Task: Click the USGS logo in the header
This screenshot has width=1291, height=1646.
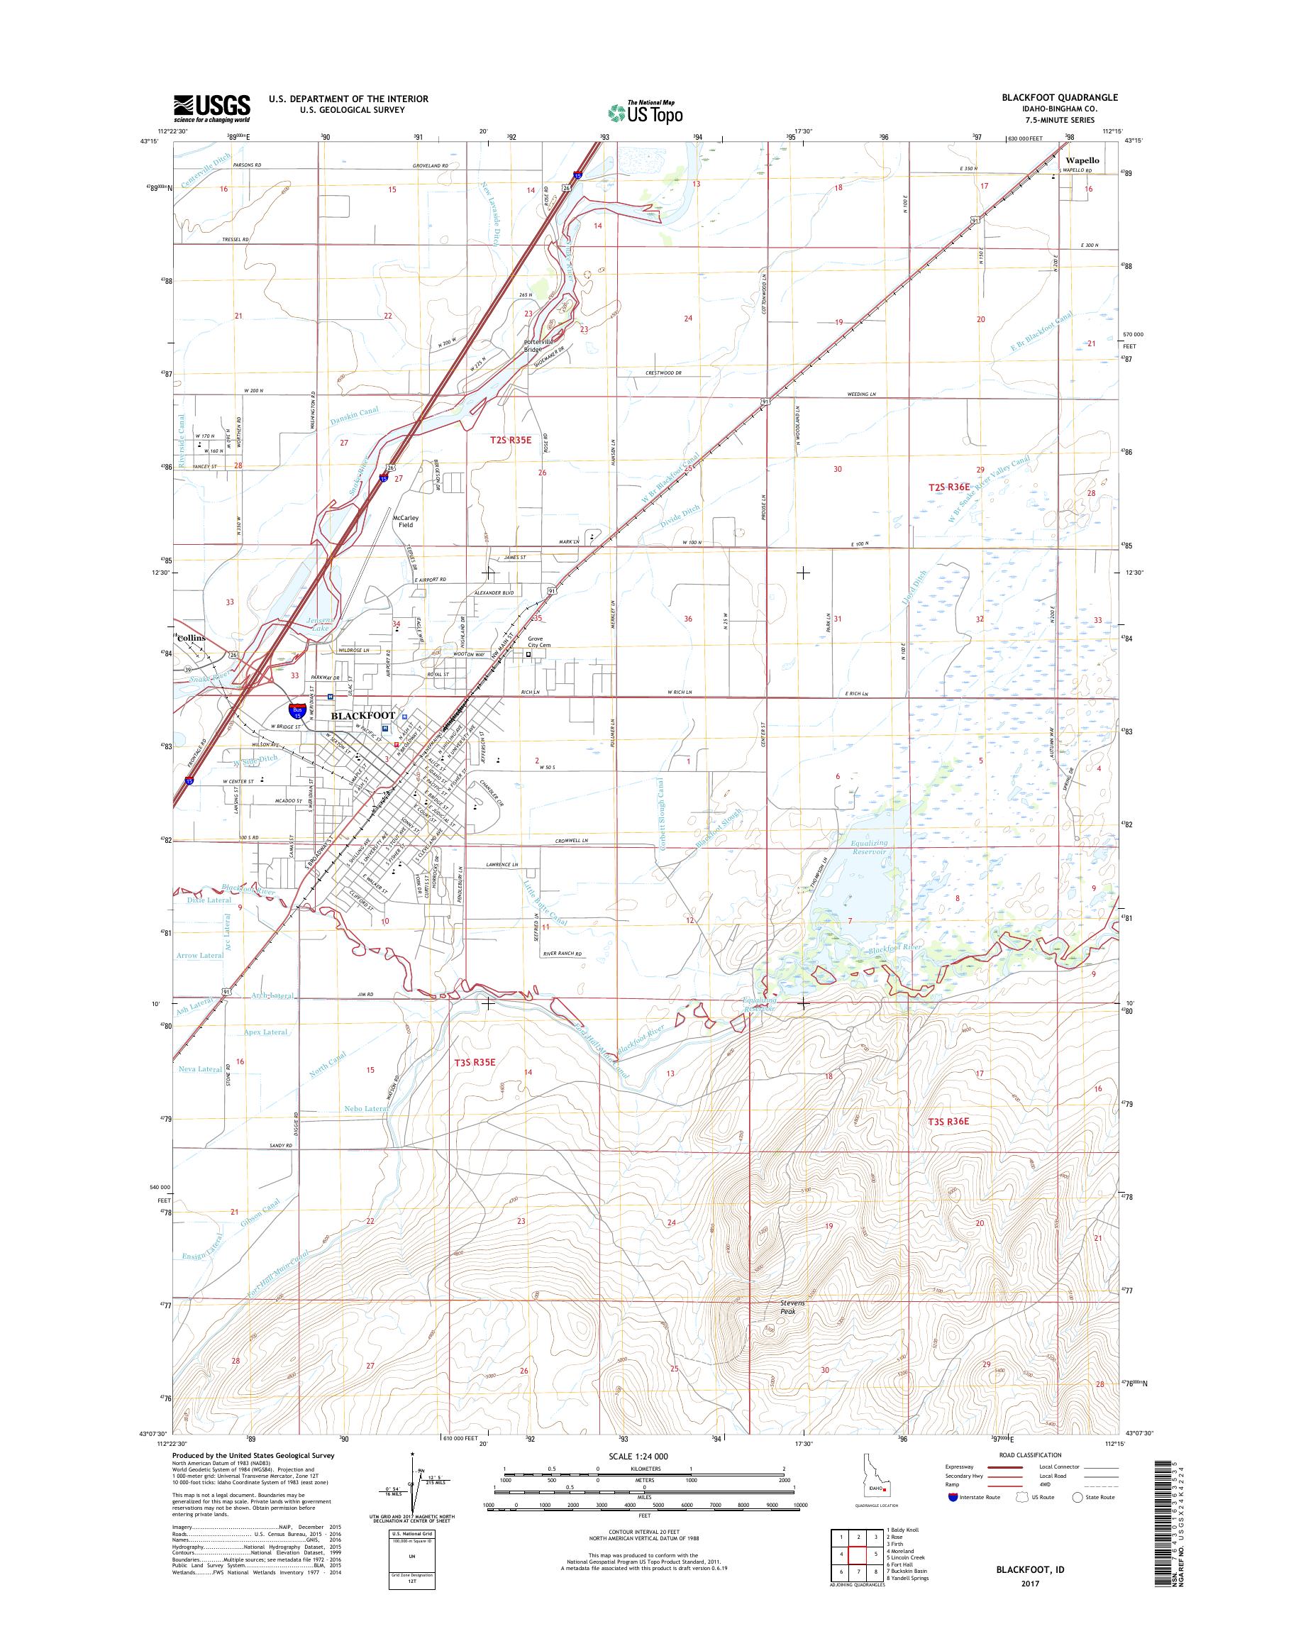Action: tap(211, 109)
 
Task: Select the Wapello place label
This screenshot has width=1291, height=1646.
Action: tap(1082, 161)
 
